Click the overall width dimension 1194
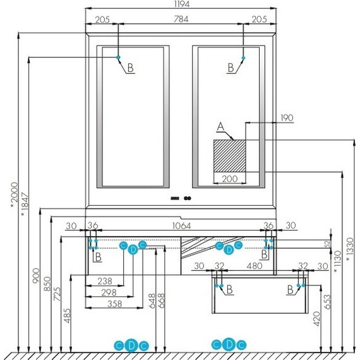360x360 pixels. [x=180, y=4]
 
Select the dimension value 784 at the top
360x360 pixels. [x=180, y=20]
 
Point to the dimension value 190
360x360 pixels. [x=288, y=117]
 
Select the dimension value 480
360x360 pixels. [x=256, y=267]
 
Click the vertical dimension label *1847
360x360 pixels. [x=25, y=206]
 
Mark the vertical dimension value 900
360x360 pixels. [x=35, y=275]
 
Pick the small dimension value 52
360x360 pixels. [x=327, y=243]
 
